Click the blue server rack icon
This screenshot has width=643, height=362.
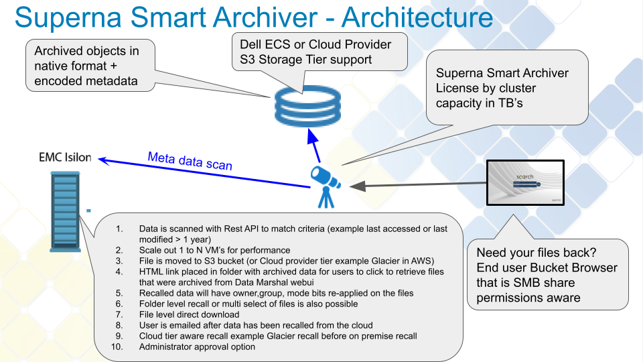click(x=64, y=210)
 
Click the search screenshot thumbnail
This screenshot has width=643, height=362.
click(x=525, y=182)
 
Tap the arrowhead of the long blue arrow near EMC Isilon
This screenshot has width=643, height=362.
click(x=102, y=159)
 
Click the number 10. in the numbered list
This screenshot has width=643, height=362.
click(x=118, y=347)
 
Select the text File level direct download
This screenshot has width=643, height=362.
click(x=189, y=314)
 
